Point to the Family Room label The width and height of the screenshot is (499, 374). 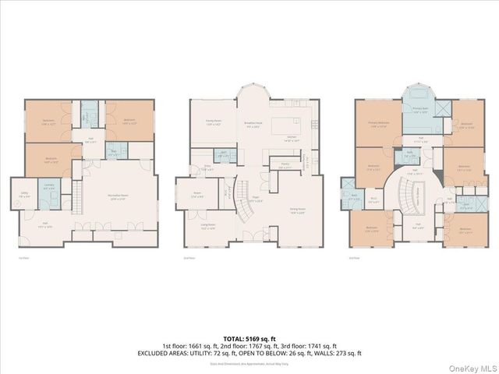coord(213,122)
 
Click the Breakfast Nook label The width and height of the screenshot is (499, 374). coord(253,125)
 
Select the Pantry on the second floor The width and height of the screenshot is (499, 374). coord(285,165)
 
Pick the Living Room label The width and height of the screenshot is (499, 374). coord(208,228)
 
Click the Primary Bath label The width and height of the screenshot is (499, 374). coord(420,111)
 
